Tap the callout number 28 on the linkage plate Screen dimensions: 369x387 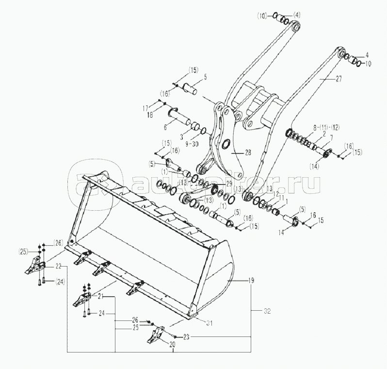pos(247,152)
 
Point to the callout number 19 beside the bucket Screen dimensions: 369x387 pos(251,281)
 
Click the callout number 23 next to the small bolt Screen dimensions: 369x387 pos(187,336)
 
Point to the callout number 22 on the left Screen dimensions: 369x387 pos(58,266)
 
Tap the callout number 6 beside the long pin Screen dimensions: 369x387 pos(165,127)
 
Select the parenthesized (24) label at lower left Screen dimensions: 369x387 pos(61,281)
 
